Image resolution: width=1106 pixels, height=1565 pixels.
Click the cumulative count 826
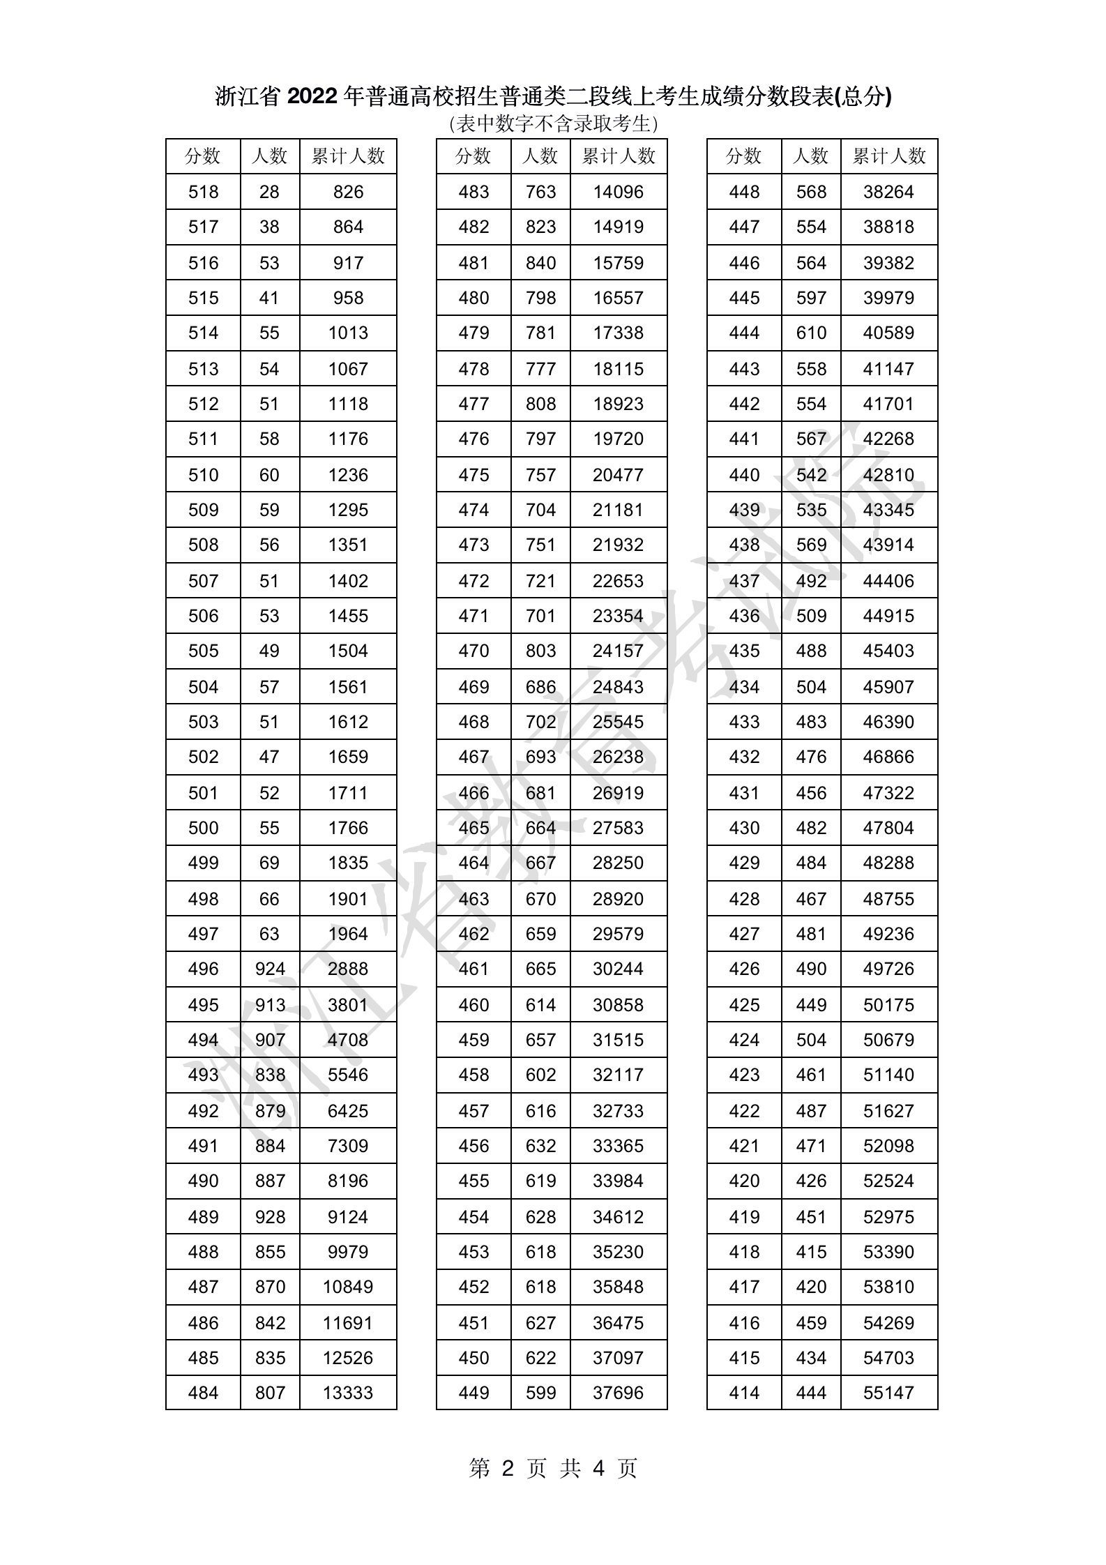pyautogui.click(x=348, y=192)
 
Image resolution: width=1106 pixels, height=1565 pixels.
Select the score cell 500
pyautogui.click(x=203, y=828)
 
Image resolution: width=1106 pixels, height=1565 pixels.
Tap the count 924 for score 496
pyautogui.click(x=270, y=969)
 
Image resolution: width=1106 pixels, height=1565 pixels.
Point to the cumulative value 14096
pyautogui.click(x=618, y=192)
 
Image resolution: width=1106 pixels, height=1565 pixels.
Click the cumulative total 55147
pyautogui.click(x=888, y=1393)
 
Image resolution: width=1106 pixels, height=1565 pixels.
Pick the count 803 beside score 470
pyautogui.click(x=540, y=651)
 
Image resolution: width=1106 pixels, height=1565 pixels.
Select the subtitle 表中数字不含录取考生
pyautogui.click(x=553, y=124)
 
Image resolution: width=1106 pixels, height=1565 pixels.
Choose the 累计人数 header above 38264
pyautogui.click(x=889, y=156)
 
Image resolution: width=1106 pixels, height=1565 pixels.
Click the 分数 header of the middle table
pyautogui.click(x=474, y=156)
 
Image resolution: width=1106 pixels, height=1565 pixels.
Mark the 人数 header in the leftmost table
pyautogui.click(x=270, y=156)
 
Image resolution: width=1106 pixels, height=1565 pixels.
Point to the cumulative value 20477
pyautogui.click(x=618, y=475)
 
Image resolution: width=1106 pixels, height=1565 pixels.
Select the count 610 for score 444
pyautogui.click(x=811, y=333)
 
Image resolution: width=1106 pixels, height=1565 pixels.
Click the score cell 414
pyautogui.click(x=744, y=1393)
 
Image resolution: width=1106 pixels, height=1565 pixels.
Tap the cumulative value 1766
pyautogui.click(x=348, y=828)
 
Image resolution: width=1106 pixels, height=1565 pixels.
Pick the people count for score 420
pyautogui.click(x=811, y=1181)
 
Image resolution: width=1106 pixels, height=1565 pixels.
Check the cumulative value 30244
pyautogui.click(x=618, y=969)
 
